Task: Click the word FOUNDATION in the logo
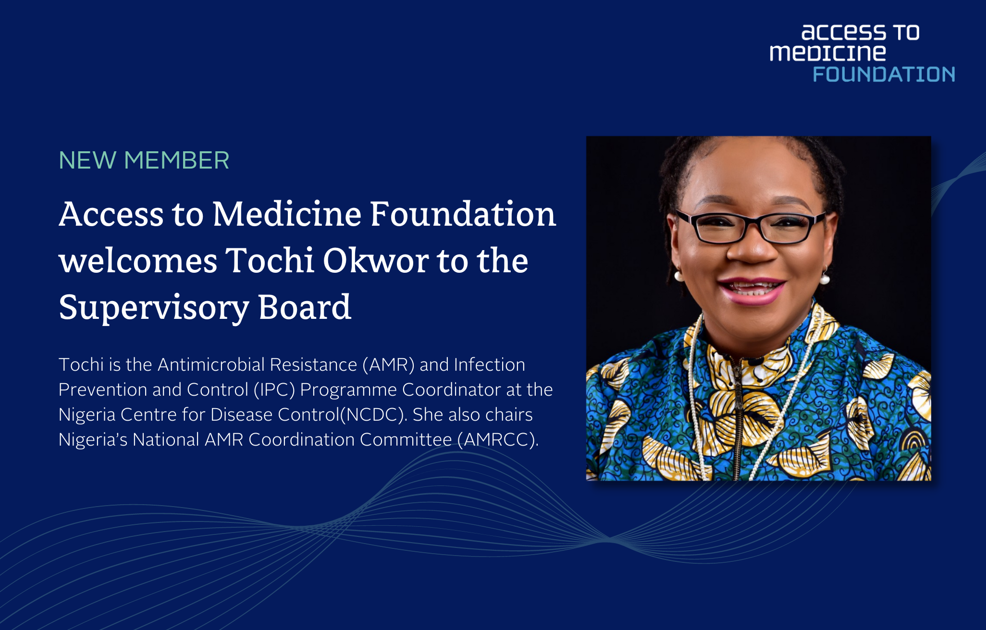click(x=883, y=74)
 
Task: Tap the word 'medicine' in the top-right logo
click(x=827, y=53)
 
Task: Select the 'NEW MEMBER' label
click(x=144, y=160)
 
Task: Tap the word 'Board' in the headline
click(x=305, y=307)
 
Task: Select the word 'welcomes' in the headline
click(x=138, y=261)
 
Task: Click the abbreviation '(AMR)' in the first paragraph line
click(x=388, y=365)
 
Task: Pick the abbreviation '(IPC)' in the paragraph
click(x=274, y=390)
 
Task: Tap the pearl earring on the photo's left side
click(x=679, y=276)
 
